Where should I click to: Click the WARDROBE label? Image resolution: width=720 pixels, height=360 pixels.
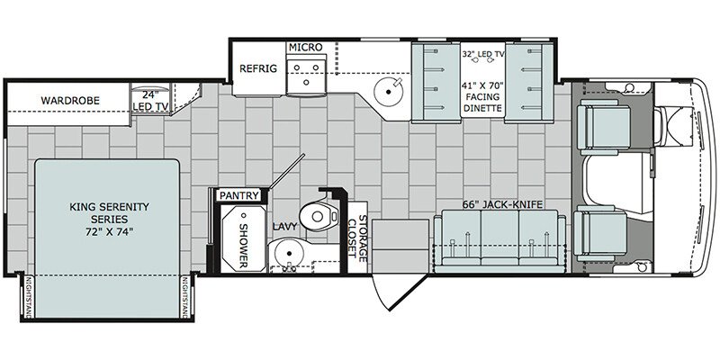pos(70,101)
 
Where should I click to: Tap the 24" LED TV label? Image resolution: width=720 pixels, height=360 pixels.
pos(150,102)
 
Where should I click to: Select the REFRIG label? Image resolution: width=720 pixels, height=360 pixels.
pos(258,69)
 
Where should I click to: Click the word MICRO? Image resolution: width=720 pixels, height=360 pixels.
pos(305,47)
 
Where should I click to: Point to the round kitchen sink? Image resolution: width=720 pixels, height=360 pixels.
pos(389,92)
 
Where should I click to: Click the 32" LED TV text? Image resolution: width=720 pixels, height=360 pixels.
pos(483,54)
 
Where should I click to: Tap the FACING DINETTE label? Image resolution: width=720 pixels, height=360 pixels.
pos(483,103)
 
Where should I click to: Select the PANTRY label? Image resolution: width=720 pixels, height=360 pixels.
pos(238,195)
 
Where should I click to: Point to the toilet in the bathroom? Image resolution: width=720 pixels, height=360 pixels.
pos(318,214)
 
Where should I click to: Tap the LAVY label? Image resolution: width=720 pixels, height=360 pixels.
pos(284,227)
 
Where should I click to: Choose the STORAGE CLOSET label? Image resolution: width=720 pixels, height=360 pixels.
pos(357,238)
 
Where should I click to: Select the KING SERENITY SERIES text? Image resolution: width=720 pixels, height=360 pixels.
pos(109,212)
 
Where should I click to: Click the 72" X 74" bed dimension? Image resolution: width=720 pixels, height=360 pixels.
pos(109,231)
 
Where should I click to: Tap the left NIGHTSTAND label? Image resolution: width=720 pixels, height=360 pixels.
pos(28,297)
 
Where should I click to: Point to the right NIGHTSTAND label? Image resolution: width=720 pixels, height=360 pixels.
pos(185,297)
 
